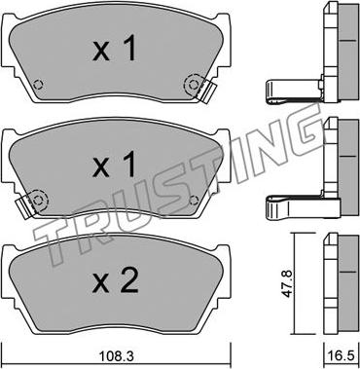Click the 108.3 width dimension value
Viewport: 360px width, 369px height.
point(117,357)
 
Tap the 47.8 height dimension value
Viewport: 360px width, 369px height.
point(288,284)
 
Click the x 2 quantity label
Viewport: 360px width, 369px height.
point(115,279)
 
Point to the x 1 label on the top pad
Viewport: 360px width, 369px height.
point(114,50)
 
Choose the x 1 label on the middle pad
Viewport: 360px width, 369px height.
point(114,165)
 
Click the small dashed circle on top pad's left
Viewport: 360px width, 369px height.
point(38,85)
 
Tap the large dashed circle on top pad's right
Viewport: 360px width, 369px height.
point(194,85)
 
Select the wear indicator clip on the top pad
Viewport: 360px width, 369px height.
point(207,92)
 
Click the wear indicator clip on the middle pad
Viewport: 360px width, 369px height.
point(25,205)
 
